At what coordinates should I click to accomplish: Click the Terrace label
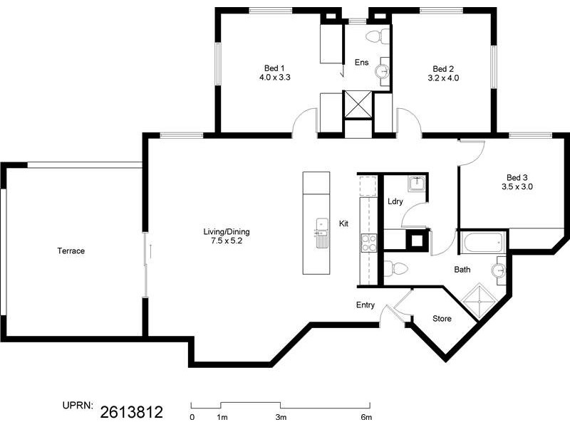71,251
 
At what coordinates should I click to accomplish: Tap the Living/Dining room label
227,232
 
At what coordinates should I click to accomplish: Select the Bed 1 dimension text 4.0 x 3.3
275,78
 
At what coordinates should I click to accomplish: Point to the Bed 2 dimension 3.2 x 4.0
443,78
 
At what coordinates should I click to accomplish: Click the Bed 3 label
517,177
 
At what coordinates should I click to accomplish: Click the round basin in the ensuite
382,71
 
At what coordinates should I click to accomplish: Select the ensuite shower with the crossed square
358,105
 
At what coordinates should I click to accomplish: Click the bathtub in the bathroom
483,242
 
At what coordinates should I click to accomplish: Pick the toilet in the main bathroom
396,269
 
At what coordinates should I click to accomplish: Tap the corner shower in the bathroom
480,301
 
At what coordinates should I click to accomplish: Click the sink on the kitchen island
322,233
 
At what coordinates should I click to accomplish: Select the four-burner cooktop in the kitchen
368,243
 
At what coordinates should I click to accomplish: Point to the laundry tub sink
417,184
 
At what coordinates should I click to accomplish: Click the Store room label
442,319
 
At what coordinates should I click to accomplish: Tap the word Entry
366,305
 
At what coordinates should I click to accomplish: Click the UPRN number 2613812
132,412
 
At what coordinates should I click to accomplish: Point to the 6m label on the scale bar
366,417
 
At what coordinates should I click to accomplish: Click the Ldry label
395,201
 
